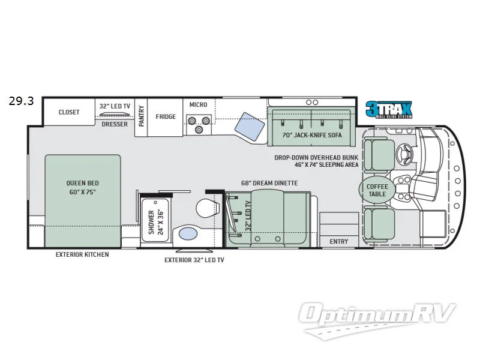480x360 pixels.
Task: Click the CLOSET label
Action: coord(69,112)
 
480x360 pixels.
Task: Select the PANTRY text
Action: coord(142,116)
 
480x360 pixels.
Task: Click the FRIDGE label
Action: coord(165,116)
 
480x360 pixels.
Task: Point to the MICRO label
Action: coord(198,105)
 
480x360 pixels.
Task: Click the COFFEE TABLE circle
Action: coord(377,190)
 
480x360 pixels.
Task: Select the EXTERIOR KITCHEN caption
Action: coord(82,254)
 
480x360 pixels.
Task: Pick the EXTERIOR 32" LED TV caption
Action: coord(194,260)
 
